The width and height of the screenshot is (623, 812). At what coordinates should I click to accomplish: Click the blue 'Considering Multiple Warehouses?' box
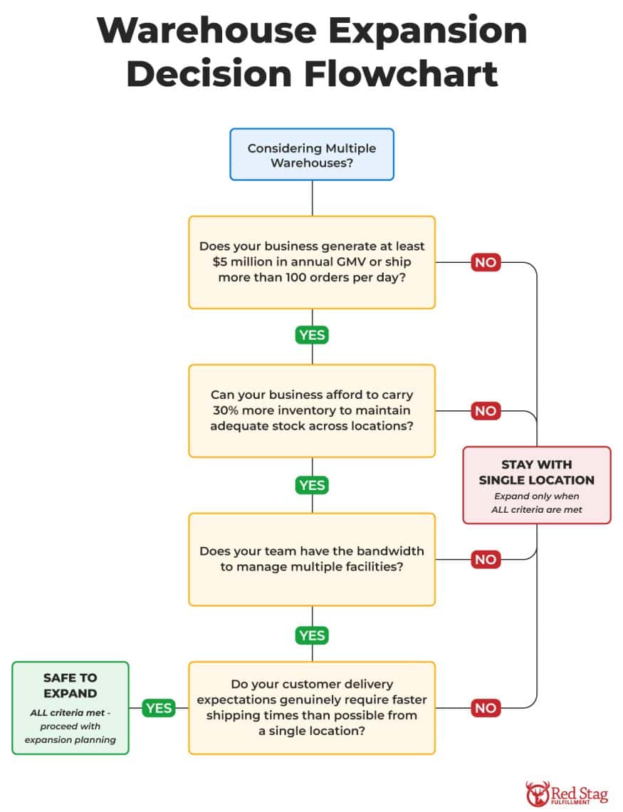click(311, 155)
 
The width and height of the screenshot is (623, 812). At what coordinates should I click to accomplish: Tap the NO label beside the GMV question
click(486, 262)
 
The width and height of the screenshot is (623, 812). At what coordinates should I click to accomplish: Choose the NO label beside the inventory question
click(486, 411)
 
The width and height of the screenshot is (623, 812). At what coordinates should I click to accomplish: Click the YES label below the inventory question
click(312, 485)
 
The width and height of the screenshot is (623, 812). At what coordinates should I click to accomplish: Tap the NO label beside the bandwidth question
click(486, 559)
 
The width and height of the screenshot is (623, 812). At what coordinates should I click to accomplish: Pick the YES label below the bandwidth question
click(312, 635)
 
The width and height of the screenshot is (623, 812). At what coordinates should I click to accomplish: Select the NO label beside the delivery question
click(486, 708)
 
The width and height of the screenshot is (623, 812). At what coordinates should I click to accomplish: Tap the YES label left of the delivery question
click(158, 708)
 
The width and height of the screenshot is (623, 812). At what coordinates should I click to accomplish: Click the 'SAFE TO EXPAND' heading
click(70, 685)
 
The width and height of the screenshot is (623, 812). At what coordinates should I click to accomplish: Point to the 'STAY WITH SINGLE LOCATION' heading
click(536, 472)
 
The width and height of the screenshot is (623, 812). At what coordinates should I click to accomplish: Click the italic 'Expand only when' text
click(536, 496)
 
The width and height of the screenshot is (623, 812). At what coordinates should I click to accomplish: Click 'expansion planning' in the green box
click(70, 739)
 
